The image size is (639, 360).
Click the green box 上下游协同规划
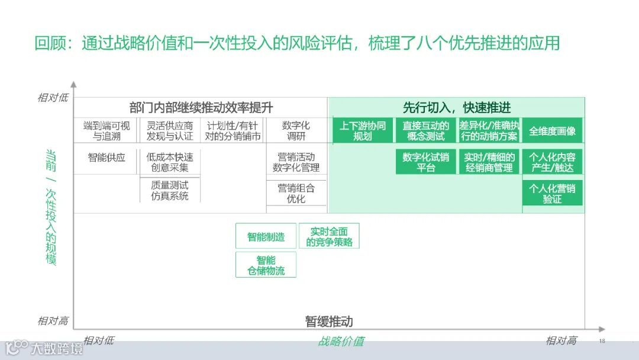pos(362,131)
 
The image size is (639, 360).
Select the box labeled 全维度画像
pos(552,131)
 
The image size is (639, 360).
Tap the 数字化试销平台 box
pos(425,162)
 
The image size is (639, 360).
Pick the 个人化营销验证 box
pos(552,194)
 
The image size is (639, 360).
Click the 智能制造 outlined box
pos(266,237)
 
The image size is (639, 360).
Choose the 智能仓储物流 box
pos(266,265)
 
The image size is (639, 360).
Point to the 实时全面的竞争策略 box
pos(329,236)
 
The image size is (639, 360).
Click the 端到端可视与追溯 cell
pos(106,131)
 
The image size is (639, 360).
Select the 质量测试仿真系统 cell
pos(169,190)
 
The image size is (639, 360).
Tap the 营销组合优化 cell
pos(296,194)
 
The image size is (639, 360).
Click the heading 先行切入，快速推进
pos(456,108)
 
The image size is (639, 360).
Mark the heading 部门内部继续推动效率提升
pos(201,108)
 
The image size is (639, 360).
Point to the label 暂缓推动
pos(329,322)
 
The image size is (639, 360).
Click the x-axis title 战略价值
pos(341,341)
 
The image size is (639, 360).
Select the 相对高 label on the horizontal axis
pos(561,340)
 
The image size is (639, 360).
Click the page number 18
pos(602,341)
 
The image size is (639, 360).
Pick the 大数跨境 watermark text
pos(57,349)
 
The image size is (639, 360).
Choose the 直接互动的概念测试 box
pos(425,131)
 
